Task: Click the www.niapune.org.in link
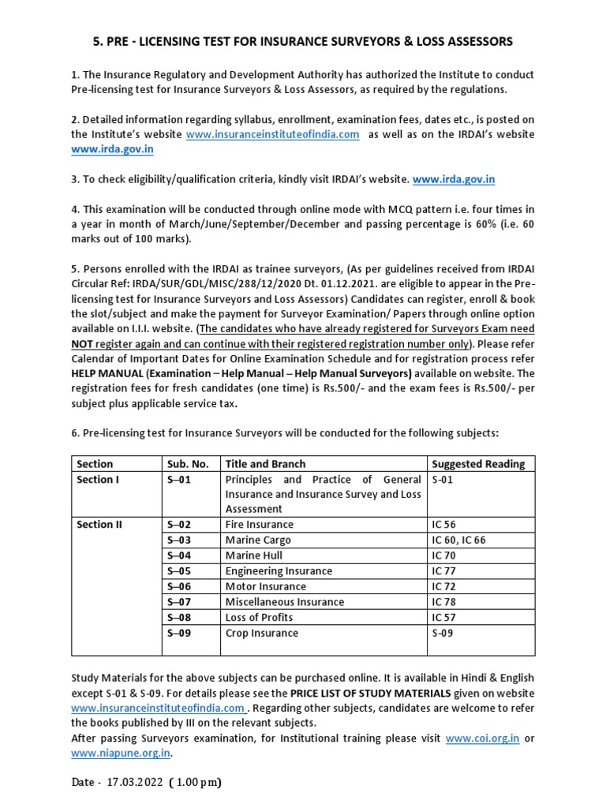pos(121,754)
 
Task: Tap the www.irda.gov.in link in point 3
pos(454,180)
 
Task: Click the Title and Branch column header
pos(265,463)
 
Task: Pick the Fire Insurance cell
pos(259,525)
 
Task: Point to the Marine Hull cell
pos(254,555)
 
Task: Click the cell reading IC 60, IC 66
pos(458,541)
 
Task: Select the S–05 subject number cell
pos(179,571)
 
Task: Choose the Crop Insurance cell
pos(261,633)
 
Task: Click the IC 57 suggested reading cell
pos(444,617)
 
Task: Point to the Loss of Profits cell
pos(259,617)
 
